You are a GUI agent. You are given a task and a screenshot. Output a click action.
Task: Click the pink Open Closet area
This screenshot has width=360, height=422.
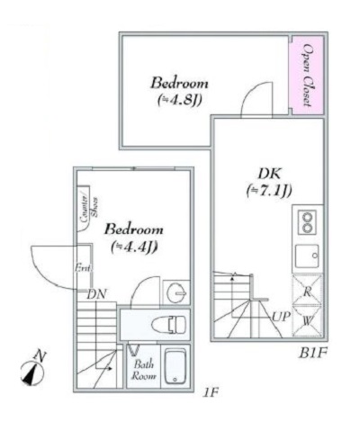(306, 76)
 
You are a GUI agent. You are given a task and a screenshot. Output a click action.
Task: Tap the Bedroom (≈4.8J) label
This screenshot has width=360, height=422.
(180, 88)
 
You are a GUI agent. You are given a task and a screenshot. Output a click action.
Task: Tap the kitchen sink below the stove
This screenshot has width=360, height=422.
(307, 255)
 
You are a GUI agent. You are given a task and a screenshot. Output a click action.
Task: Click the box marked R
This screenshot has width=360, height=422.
(307, 292)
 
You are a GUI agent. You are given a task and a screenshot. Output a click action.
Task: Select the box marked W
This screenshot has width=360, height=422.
(307, 319)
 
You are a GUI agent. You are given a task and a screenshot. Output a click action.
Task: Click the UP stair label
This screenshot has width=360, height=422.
(280, 317)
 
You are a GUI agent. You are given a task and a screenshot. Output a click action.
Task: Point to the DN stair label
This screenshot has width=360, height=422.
(97, 293)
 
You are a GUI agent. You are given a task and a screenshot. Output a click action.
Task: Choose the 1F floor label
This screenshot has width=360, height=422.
(210, 394)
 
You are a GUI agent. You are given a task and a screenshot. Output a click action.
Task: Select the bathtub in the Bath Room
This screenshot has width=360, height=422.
(175, 366)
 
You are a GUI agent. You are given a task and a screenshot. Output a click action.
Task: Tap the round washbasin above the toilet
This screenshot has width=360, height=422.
(176, 293)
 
